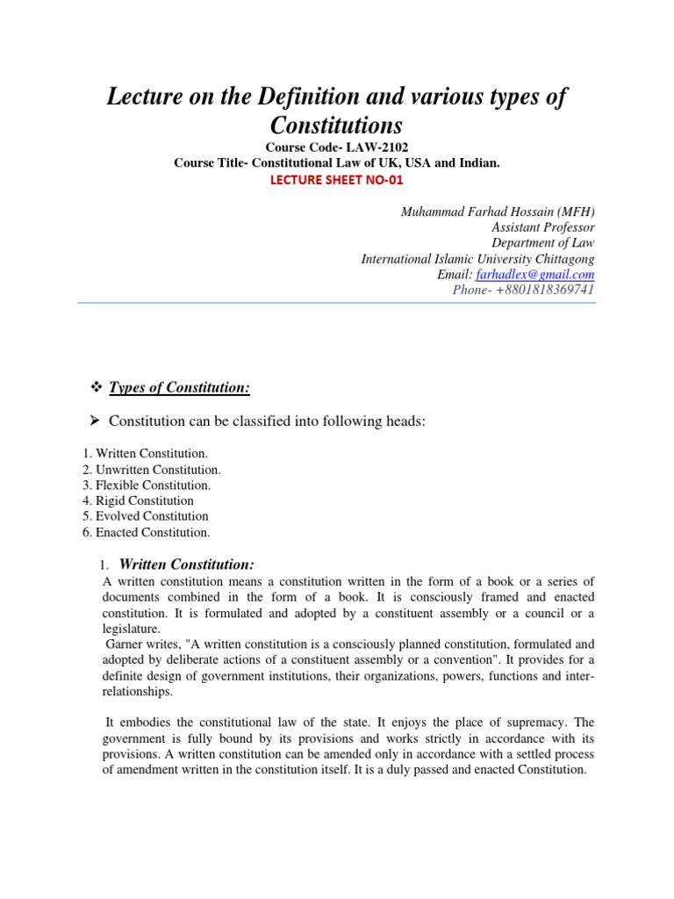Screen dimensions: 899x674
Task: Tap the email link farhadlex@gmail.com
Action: coord(541,275)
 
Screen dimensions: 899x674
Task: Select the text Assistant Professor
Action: coord(542,227)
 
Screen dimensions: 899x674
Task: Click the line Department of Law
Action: coord(542,243)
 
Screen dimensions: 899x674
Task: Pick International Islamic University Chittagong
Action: coord(477,259)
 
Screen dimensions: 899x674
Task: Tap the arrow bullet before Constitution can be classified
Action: coord(97,422)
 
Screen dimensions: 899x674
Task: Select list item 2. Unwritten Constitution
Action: coord(145,469)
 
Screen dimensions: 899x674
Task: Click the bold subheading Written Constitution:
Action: coord(187,564)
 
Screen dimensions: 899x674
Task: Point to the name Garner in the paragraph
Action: coord(125,646)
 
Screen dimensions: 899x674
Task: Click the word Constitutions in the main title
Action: coord(336,124)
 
